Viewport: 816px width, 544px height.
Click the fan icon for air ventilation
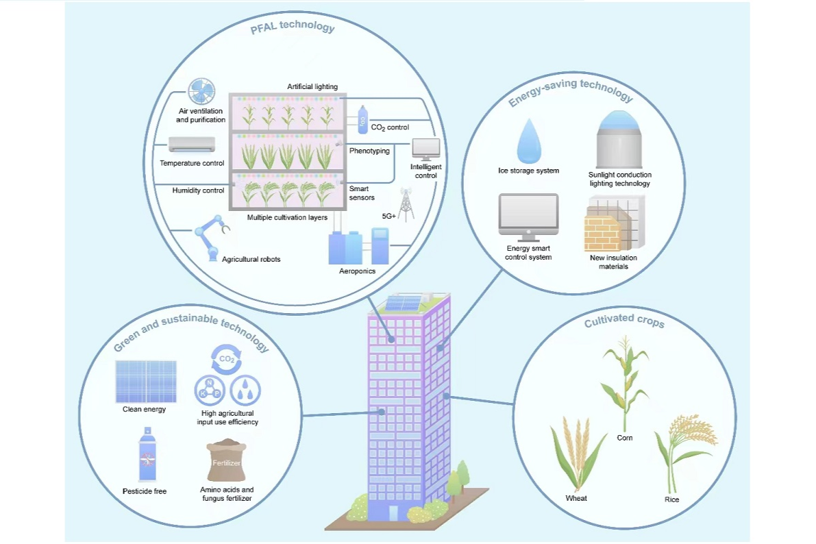pos(200,94)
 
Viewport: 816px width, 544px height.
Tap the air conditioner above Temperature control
pos(192,145)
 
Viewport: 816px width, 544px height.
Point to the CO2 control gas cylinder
pos(362,119)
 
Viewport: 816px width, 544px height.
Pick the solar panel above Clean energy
pos(146,381)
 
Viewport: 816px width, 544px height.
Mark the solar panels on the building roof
pos(404,302)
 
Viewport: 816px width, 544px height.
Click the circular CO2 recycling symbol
pos(227,358)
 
